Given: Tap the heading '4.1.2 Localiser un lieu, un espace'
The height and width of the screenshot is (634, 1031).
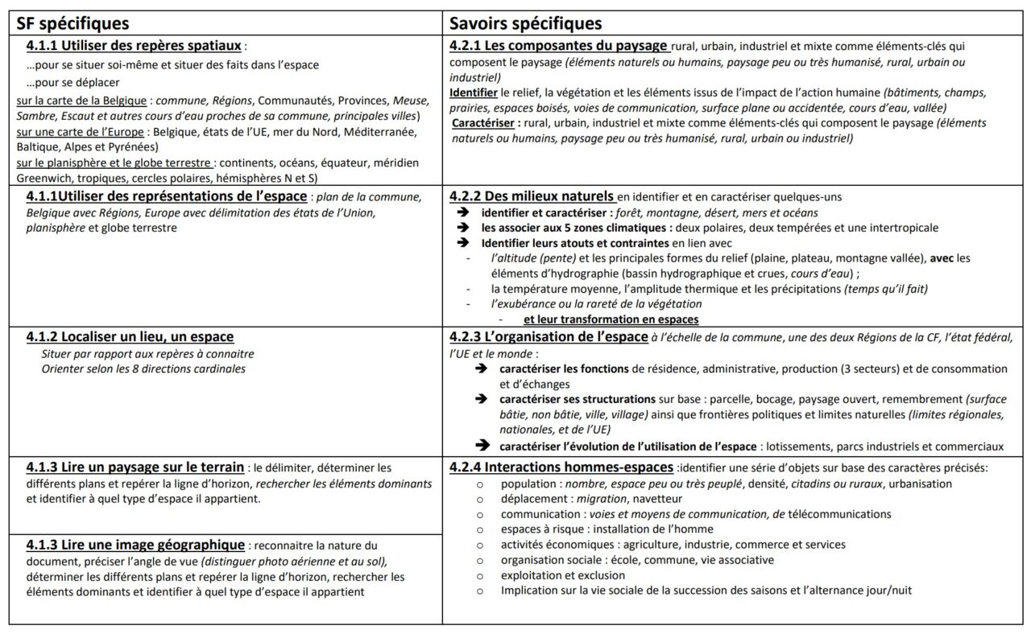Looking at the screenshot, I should click(x=130, y=336).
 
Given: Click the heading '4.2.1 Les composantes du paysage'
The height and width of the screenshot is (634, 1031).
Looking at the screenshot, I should click(x=558, y=46).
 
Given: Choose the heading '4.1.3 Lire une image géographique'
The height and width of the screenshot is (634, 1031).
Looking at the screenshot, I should click(x=135, y=545).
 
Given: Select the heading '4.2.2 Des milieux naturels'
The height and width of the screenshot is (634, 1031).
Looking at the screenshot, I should click(x=532, y=196).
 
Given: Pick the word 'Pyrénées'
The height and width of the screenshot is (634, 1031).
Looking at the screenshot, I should click(x=133, y=146).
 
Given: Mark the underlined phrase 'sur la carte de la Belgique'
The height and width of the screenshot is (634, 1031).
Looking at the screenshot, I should click(x=82, y=101).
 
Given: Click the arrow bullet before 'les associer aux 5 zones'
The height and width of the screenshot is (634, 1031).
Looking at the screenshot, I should click(x=462, y=228).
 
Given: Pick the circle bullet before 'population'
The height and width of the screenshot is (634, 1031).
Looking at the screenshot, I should click(x=479, y=484).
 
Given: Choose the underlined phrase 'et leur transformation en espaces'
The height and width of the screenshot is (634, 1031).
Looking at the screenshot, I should click(x=611, y=319).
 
